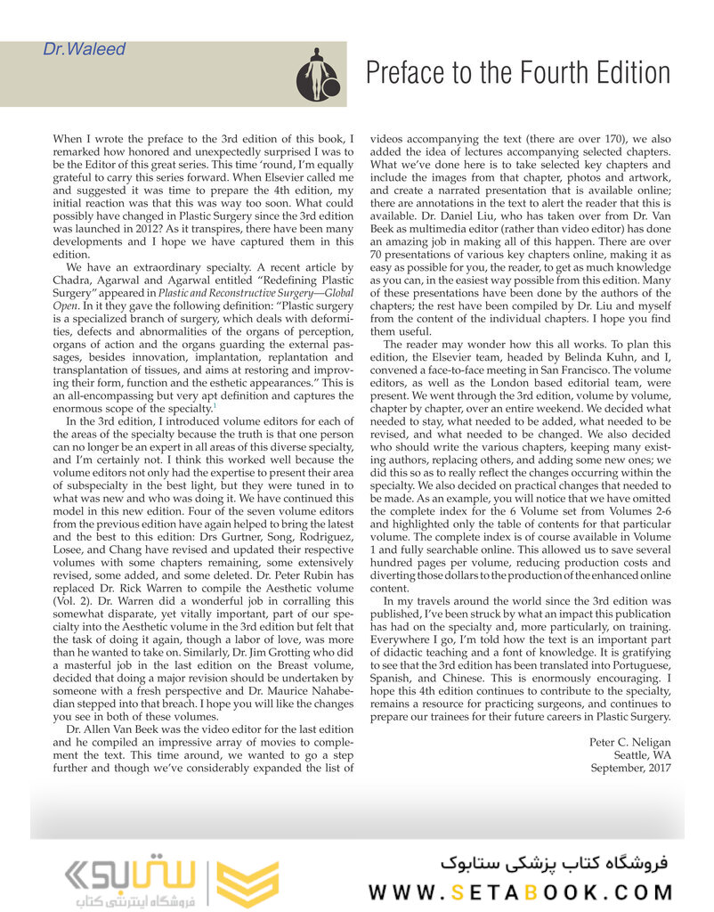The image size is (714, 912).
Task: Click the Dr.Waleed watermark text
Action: tap(84, 49)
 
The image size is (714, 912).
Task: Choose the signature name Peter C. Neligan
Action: tap(630, 742)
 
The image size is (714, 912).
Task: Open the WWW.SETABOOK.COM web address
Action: tap(520, 891)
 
